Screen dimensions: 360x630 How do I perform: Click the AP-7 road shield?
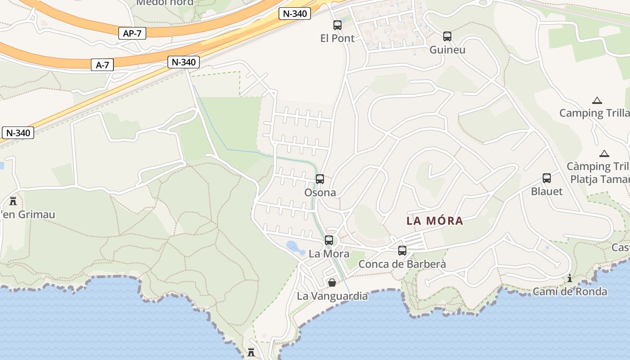132,33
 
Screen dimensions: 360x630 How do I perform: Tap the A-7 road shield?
103,65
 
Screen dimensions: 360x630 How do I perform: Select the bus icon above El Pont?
337,25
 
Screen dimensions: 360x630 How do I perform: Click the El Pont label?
337,38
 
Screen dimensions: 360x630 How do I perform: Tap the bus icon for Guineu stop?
447,36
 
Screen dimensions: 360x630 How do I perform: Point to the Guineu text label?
447,49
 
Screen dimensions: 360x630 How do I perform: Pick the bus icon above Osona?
320,179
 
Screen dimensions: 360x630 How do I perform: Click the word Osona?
320,193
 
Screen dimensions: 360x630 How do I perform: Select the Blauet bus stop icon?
547,178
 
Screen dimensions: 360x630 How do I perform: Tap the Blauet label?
547,191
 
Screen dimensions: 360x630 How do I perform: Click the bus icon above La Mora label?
329,240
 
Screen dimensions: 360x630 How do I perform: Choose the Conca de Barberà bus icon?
402,251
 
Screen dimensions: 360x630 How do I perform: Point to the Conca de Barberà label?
402,264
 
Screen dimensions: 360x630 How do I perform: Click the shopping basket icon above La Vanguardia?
332,283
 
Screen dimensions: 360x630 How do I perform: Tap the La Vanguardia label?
332,296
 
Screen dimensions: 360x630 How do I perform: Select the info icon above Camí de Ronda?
570,278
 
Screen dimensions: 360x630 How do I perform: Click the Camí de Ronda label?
570,292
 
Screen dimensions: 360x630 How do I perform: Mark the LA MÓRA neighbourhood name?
435,221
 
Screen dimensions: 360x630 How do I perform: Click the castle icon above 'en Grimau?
13,201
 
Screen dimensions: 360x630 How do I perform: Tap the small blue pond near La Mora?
294,246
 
